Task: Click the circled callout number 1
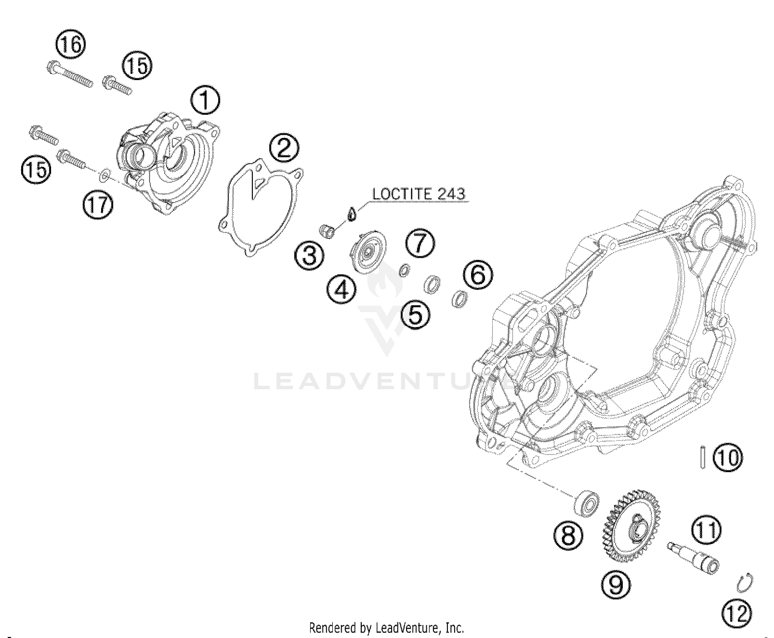[x=205, y=101]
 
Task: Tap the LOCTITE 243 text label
[x=419, y=194]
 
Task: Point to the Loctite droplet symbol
[x=351, y=213]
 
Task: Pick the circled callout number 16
[x=71, y=45]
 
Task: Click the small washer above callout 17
[x=104, y=176]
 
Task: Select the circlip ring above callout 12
[x=744, y=582]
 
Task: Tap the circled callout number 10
[x=727, y=458]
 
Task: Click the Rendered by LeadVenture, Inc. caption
[x=386, y=628]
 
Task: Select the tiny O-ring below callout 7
[x=405, y=270]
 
